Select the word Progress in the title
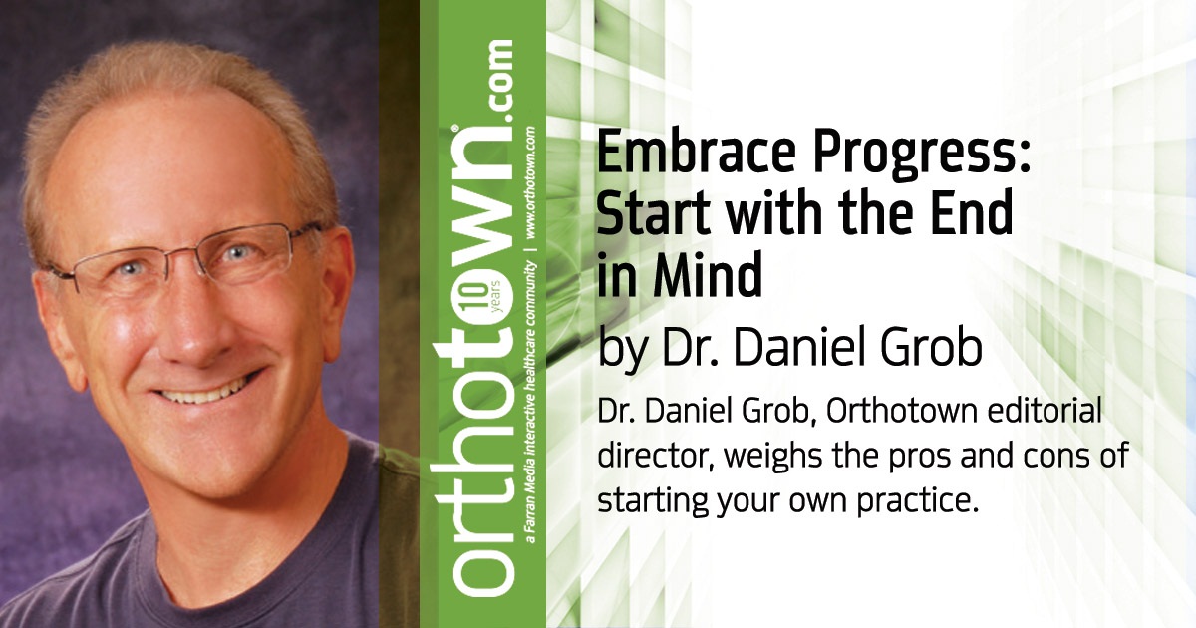[881, 157]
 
